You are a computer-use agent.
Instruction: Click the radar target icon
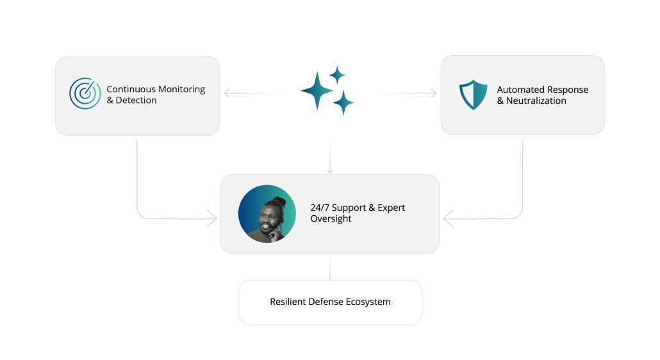(85, 94)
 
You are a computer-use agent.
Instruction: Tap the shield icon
(473, 95)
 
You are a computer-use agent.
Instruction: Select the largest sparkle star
(317, 91)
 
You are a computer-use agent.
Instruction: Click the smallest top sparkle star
(337, 76)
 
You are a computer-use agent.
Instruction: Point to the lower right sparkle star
(343, 102)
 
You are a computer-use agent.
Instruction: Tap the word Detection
(136, 100)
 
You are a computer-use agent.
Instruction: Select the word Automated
(520, 90)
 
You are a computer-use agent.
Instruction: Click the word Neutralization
(536, 101)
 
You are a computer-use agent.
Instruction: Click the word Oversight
(331, 219)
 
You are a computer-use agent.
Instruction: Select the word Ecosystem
(368, 302)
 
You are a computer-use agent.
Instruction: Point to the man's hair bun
(279, 202)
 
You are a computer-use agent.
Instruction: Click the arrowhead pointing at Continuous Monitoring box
(227, 93)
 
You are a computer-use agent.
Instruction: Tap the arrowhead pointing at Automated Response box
(434, 93)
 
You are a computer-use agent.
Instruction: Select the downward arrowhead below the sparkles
(330, 171)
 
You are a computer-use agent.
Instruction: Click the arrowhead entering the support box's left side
(212, 218)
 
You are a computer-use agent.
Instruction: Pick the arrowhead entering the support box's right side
(449, 218)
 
